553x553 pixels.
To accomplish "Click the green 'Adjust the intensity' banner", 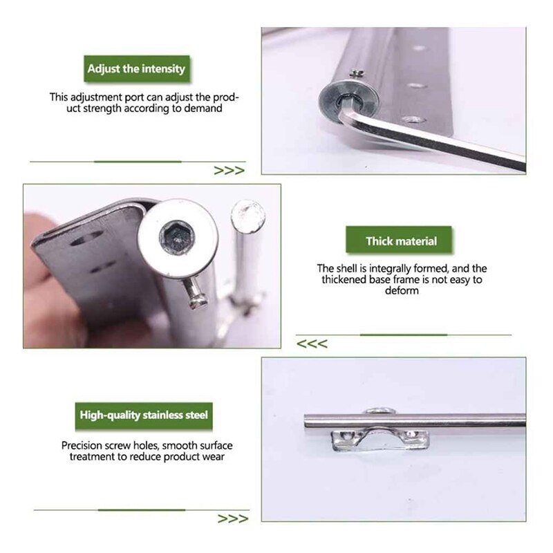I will point(136,70).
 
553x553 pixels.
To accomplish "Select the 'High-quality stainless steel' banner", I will point(142,416).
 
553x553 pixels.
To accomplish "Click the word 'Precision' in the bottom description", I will point(84,446).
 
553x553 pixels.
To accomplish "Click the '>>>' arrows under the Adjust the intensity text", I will point(229,171).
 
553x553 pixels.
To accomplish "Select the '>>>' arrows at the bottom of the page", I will point(232,518).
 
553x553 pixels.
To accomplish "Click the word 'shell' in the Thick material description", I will point(347,268).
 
